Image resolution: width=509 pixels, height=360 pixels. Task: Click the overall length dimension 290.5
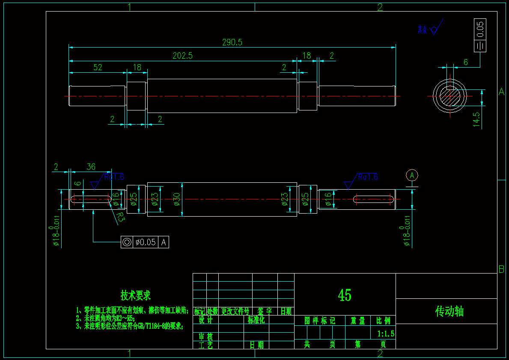point(232,42)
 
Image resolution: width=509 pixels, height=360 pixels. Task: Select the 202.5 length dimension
point(182,56)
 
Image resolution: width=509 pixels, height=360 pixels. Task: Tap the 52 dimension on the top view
point(98,67)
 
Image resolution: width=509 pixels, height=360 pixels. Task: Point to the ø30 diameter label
point(177,199)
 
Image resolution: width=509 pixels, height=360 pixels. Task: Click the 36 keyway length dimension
point(91,167)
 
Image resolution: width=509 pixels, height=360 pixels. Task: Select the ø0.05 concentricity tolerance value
point(146,242)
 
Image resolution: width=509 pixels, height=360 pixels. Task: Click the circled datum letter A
point(412,175)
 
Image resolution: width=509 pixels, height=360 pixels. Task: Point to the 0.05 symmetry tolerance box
point(480,29)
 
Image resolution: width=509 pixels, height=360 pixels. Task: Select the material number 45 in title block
point(345,295)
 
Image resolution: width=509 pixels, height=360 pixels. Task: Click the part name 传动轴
point(449,311)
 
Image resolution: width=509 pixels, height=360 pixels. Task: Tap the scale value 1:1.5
point(386,333)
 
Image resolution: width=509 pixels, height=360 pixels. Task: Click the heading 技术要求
point(136,295)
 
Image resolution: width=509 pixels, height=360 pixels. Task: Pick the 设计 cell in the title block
point(205,320)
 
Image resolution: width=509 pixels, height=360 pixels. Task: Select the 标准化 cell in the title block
point(256,320)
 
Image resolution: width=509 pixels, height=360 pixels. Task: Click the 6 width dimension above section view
point(466,62)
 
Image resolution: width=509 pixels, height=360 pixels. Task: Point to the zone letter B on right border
point(501,269)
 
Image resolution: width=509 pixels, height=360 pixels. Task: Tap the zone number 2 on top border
point(380,7)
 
